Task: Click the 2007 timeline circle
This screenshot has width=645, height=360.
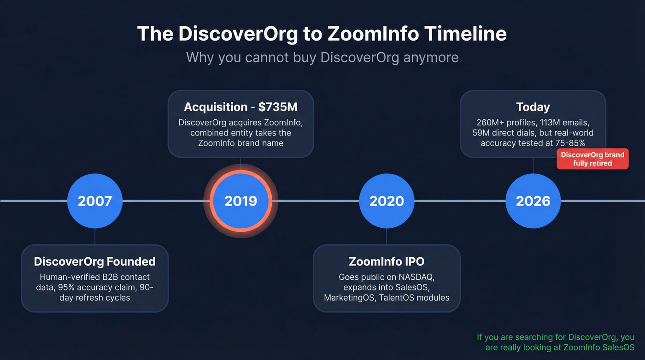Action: [x=94, y=201]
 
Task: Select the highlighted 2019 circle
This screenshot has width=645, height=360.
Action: [x=240, y=201]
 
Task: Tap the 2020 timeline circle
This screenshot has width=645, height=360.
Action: [x=386, y=201]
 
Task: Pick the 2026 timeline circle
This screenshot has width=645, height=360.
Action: [x=533, y=201]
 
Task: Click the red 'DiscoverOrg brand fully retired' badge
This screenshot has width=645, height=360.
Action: [x=592, y=159]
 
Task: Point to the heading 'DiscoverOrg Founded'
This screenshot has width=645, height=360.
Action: [x=94, y=262]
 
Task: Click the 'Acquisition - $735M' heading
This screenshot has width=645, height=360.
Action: [x=240, y=107]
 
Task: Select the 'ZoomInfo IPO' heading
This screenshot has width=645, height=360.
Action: [x=386, y=262]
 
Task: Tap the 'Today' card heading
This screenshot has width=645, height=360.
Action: [x=533, y=107]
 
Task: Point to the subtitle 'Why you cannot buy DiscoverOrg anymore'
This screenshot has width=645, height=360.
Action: [x=322, y=58]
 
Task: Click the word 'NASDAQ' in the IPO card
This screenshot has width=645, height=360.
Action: [x=416, y=277]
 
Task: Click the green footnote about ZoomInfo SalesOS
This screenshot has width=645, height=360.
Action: [x=556, y=342]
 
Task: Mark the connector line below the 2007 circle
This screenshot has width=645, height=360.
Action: [x=94, y=236]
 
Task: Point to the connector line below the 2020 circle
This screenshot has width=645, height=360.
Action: [x=386, y=236]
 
